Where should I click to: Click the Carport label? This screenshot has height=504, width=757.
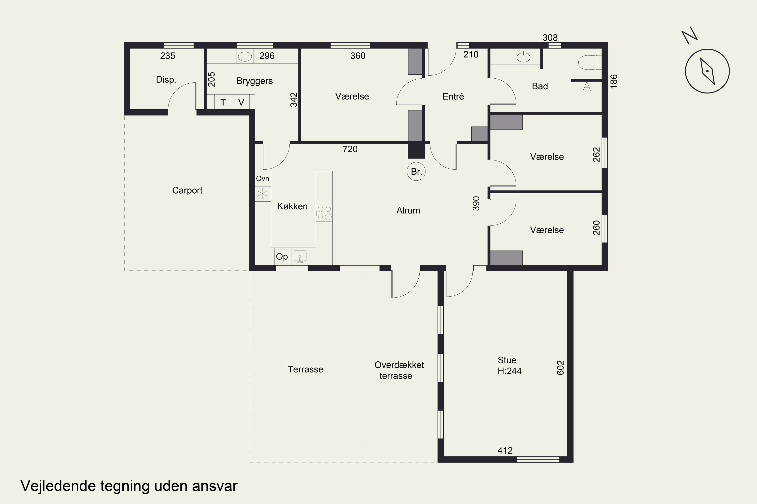[187, 190]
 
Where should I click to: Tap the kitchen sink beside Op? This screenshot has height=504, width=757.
[300, 257]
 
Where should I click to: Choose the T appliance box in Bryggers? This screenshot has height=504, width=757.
[223, 102]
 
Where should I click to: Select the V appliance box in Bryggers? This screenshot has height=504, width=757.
[241, 102]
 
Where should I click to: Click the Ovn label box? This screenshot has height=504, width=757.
[263, 178]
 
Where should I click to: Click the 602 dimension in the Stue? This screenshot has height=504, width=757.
[560, 367]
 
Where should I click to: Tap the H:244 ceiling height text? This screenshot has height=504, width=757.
[509, 371]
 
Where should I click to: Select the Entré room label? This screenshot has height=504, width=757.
[453, 97]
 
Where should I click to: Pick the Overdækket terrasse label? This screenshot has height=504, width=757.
[399, 370]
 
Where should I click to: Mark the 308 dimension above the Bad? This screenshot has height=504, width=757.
[550, 38]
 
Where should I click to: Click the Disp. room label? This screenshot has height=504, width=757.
[166, 80]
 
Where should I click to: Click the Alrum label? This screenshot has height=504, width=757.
[408, 210]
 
